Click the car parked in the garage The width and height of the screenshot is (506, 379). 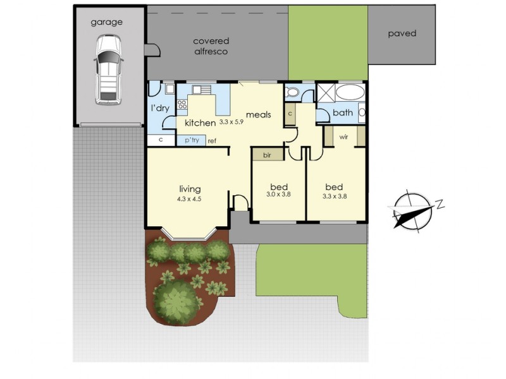point(108,69)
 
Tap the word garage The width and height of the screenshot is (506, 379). point(106,22)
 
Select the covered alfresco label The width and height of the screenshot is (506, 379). point(211,46)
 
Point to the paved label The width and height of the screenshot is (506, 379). point(402,33)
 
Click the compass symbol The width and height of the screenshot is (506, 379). point(413,211)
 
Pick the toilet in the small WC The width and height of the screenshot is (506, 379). point(293,92)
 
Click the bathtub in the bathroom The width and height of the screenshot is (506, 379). point(350,92)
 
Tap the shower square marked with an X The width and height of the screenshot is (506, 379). point(326,93)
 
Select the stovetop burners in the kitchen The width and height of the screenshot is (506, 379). point(182,104)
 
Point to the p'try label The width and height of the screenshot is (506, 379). point(192,140)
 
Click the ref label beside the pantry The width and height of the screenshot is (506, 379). point(212,141)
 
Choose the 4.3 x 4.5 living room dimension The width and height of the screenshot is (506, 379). point(189,199)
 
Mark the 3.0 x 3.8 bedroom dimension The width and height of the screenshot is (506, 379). point(279,195)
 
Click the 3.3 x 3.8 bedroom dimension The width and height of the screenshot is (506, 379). point(335,196)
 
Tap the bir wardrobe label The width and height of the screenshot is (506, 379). point(267,155)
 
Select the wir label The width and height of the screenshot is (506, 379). point(343,137)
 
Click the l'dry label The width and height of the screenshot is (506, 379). point(160,108)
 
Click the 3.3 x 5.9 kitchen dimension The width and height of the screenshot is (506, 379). point(231,122)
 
